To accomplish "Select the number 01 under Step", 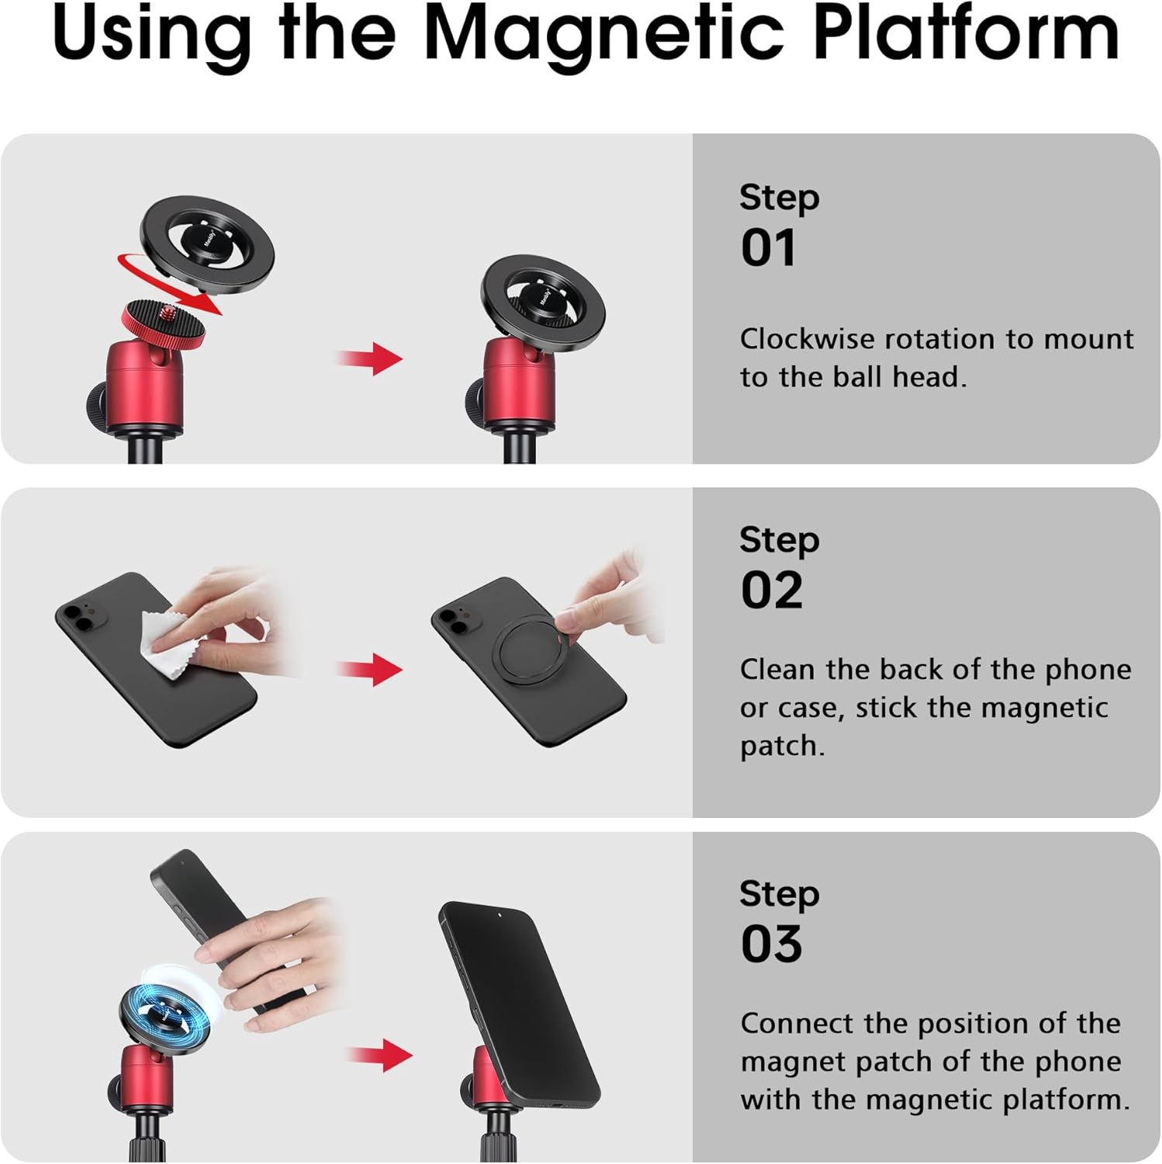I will click(768, 248).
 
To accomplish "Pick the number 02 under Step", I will click(771, 591).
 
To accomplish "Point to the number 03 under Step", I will click(771, 944).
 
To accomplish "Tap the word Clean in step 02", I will click(776, 670).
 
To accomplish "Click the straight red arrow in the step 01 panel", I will click(370, 359).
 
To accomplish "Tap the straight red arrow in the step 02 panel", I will click(370, 670).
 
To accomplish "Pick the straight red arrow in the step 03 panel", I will click(380, 1055).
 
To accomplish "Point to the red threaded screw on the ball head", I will click(167, 314).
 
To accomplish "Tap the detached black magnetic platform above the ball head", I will click(207, 244).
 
